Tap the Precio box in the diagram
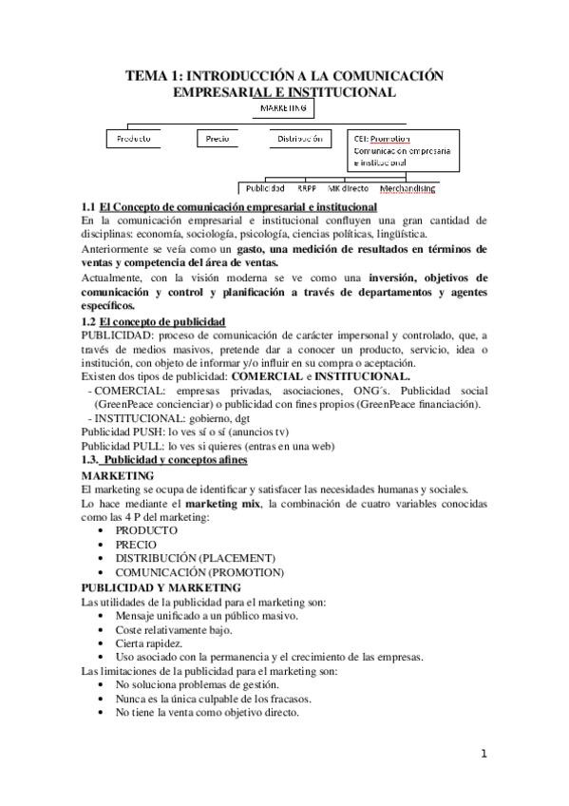tap(218, 139)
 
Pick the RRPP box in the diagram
tap(306, 188)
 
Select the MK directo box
tap(349, 188)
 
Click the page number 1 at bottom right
tap(484, 755)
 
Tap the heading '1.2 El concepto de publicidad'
tap(153, 322)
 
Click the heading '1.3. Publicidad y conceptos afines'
tap(163, 460)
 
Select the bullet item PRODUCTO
tap(145, 529)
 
